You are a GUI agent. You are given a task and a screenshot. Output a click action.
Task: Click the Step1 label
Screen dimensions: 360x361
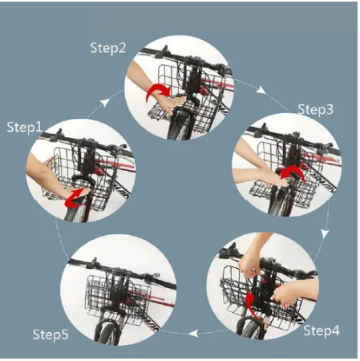[25, 128]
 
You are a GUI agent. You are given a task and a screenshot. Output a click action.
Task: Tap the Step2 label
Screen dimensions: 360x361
[108, 48]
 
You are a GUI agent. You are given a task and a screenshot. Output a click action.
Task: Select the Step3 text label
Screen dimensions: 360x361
[316, 110]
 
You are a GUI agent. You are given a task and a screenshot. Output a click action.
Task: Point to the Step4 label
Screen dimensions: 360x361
[322, 331]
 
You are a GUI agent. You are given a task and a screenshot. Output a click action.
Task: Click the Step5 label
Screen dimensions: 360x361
[51, 335]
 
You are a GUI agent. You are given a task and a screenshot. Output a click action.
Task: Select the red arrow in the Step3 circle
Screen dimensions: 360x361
[294, 172]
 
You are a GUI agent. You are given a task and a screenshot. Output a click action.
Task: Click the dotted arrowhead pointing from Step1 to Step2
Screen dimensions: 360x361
[106, 103]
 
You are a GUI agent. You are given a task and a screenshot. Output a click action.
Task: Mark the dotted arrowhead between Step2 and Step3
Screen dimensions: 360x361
[261, 90]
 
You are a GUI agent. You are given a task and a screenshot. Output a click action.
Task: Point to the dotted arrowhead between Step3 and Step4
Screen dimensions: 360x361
[325, 233]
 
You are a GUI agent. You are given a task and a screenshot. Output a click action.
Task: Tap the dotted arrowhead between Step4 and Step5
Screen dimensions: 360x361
[193, 333]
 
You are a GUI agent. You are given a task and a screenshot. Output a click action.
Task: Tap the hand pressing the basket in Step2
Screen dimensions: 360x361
[171, 103]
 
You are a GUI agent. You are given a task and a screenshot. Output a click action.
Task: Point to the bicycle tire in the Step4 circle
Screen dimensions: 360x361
[250, 327]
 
